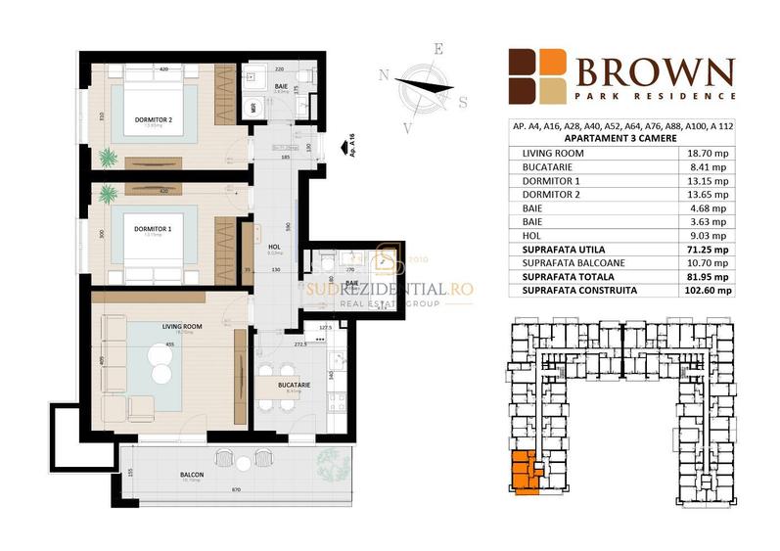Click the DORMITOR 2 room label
coord(153,120)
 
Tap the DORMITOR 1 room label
coord(153,229)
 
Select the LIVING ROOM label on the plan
coord(155,326)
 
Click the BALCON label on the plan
coord(191,474)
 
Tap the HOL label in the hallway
coord(273,248)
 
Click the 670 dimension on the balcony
coord(236,489)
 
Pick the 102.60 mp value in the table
coord(711,290)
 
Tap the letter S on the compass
coord(463,101)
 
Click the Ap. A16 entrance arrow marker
coord(342,146)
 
